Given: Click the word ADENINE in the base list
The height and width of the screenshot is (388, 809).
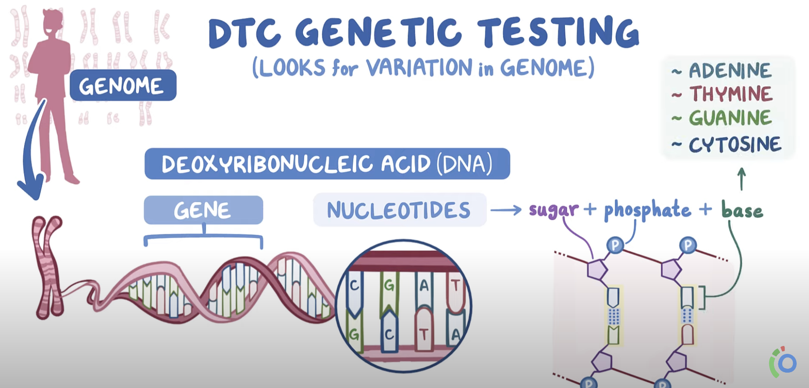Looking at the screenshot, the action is [x=730, y=71].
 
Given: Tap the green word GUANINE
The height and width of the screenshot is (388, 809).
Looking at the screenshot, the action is [x=731, y=118].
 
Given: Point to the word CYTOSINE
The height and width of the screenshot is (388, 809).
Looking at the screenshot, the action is [x=735, y=145].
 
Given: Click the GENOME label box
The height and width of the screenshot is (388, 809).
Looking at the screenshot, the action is [x=123, y=85].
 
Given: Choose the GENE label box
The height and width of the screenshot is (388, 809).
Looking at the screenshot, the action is [x=203, y=210].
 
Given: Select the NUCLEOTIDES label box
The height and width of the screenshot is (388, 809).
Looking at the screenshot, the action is [x=400, y=210].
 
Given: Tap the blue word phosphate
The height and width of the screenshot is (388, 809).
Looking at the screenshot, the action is [x=647, y=210].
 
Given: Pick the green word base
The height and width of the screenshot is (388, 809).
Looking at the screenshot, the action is [x=742, y=210].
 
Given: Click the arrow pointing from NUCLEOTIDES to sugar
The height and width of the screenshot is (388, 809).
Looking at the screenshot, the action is [x=506, y=210].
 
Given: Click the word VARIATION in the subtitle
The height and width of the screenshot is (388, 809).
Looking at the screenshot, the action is [x=419, y=68].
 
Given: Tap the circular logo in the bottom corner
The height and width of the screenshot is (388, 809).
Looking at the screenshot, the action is [x=783, y=362].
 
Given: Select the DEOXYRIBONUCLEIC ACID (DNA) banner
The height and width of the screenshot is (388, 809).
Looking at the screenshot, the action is [x=327, y=164].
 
